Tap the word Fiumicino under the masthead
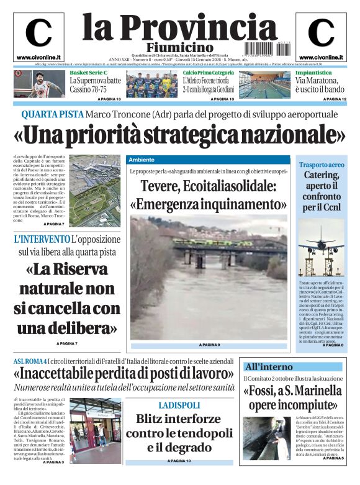point(180,48)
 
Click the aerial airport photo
point(94,186)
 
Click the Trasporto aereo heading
point(322,165)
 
